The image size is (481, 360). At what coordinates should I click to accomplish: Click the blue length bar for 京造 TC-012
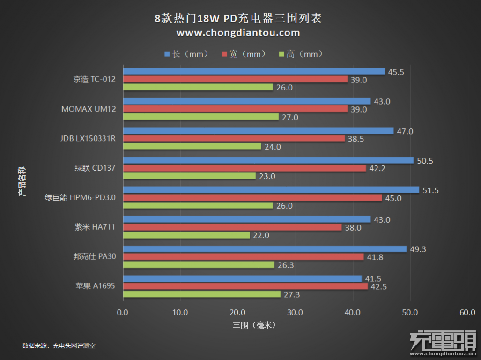254,72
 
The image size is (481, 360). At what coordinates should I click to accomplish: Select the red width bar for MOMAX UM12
235,109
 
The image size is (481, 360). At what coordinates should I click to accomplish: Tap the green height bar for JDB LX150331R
192,146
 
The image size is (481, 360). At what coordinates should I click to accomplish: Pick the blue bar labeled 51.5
271,190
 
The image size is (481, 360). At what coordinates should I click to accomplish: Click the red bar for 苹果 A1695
245,286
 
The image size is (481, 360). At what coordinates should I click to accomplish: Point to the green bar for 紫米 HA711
186,235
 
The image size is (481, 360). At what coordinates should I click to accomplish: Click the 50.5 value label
425,161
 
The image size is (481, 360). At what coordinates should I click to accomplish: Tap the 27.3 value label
291,294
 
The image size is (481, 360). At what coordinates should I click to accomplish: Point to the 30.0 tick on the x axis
295,312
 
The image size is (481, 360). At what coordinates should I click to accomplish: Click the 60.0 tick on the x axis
467,312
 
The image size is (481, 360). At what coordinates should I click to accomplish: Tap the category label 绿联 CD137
93,168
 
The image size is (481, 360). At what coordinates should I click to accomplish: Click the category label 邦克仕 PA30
94,257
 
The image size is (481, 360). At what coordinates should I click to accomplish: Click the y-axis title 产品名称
22,180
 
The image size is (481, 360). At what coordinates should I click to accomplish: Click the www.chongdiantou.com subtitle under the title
238,33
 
